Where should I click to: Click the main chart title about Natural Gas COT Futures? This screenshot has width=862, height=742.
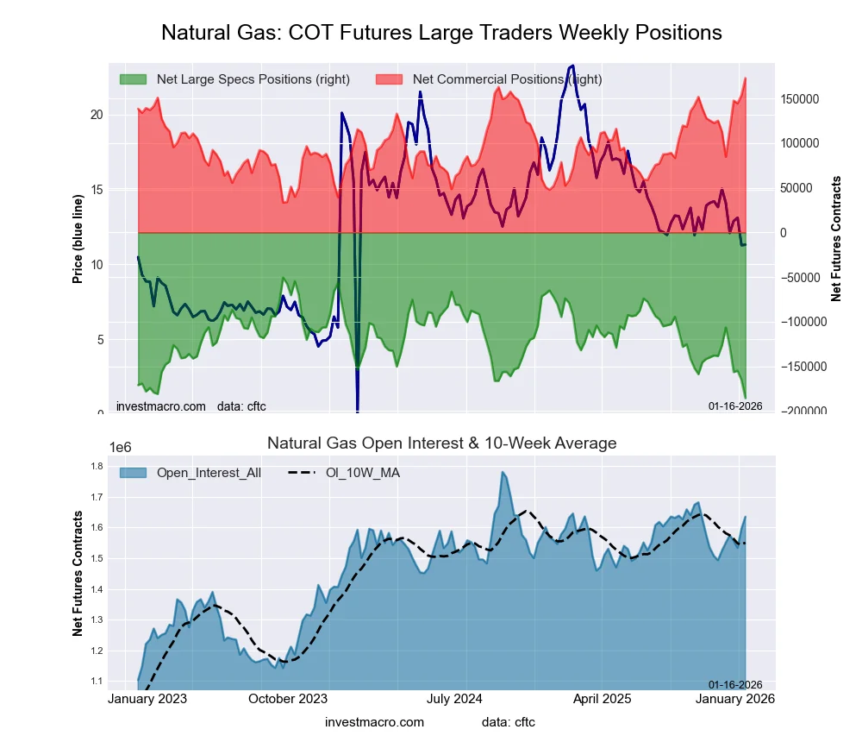(x=441, y=33)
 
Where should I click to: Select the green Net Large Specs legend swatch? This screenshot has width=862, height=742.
(x=133, y=79)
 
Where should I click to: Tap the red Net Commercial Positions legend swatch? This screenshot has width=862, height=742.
(x=390, y=79)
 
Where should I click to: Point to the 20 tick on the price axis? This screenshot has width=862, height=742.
(x=97, y=115)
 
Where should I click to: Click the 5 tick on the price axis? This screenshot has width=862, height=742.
(x=100, y=339)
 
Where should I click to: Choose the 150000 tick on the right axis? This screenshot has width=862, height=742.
(x=800, y=99)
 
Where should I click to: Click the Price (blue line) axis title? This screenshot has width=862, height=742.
(x=78, y=239)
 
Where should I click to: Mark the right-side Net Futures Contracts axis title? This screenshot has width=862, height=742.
(x=836, y=239)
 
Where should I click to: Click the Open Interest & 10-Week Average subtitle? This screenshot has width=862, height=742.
(x=441, y=443)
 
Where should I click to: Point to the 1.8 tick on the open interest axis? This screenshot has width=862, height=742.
(x=96, y=467)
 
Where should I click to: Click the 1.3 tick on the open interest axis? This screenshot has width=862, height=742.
(x=96, y=620)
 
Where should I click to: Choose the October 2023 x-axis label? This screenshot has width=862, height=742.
(x=287, y=699)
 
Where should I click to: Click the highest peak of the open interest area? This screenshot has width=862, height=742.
(x=502, y=472)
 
